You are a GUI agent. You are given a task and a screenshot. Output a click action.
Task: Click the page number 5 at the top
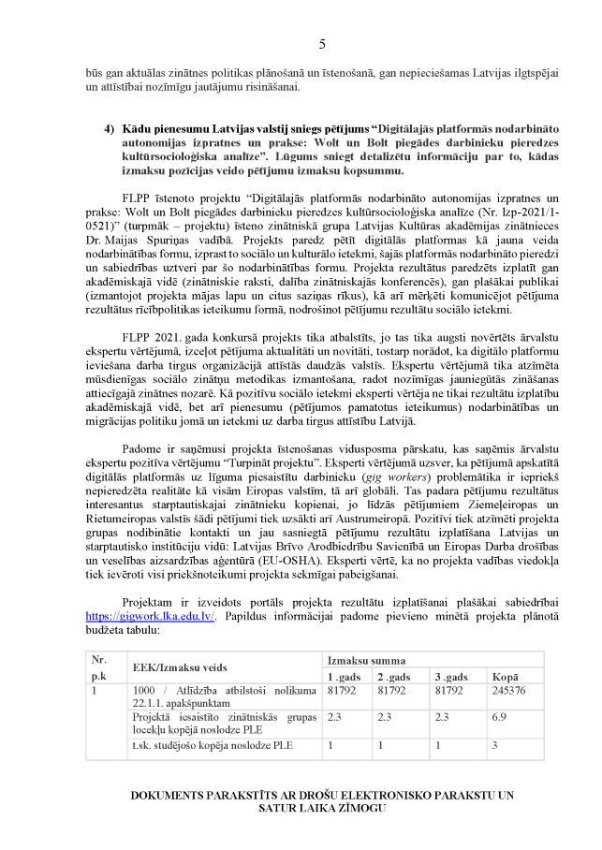[321, 44]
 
